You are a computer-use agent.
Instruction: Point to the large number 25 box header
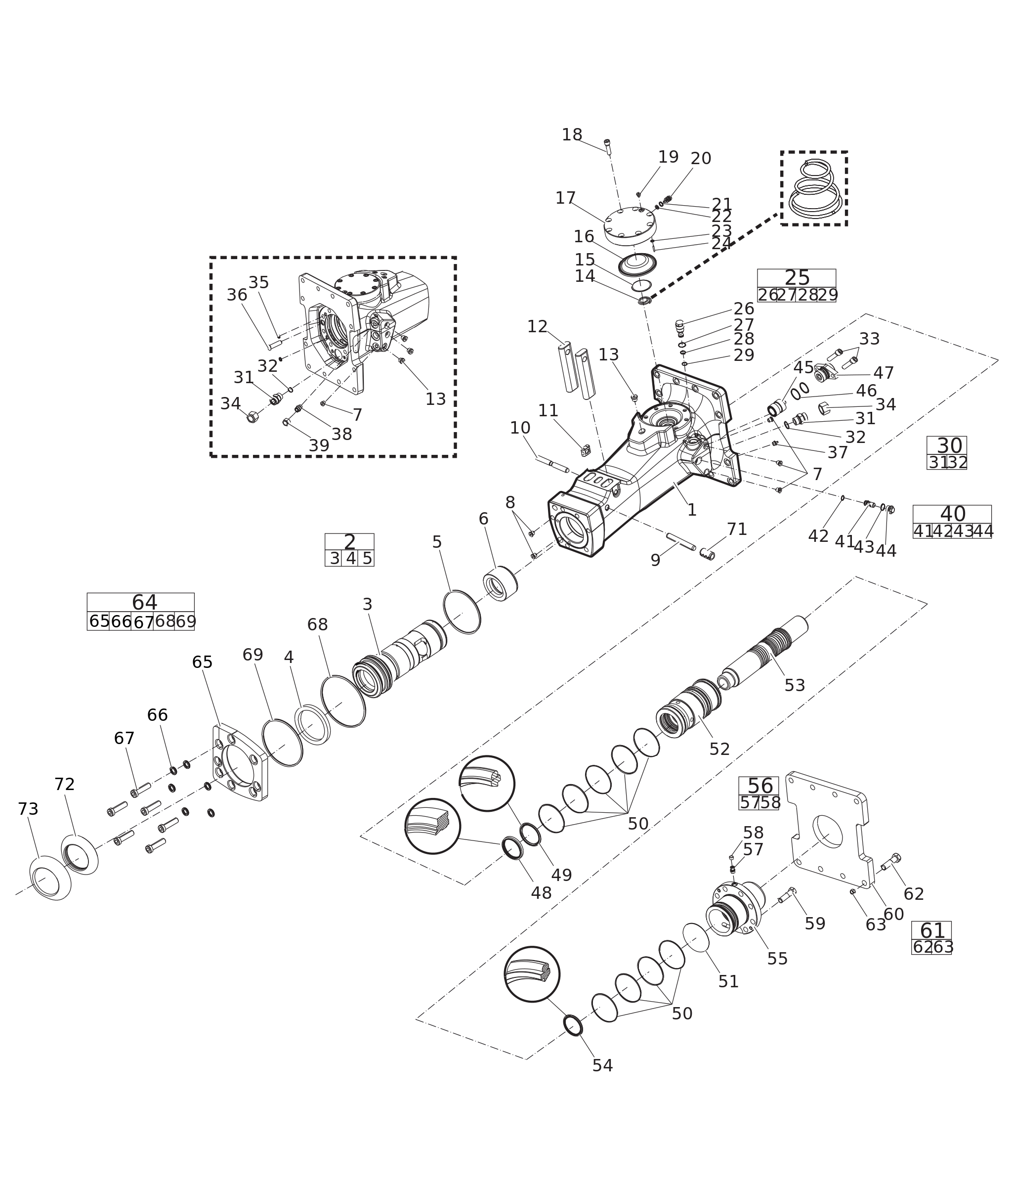797,278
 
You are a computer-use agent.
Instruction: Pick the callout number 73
28,809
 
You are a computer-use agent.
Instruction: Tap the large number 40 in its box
952,514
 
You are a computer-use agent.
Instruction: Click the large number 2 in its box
349,542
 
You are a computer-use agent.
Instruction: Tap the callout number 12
537,327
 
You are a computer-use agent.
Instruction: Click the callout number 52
719,749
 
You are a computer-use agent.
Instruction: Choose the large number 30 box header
949,446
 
